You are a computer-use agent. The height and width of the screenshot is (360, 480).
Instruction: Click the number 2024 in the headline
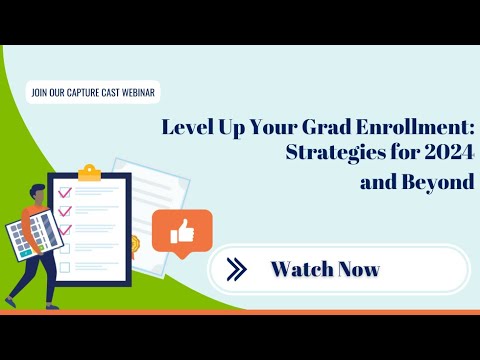point(448,156)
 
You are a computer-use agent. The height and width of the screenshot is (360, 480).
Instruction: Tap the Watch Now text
point(325,269)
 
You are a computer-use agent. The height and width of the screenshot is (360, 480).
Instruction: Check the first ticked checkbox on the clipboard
point(65,191)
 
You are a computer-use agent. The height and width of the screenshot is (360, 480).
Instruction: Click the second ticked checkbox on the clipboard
point(65,210)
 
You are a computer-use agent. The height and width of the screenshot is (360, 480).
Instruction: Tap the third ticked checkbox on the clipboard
point(65,229)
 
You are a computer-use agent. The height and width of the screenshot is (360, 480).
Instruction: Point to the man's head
point(37,193)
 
